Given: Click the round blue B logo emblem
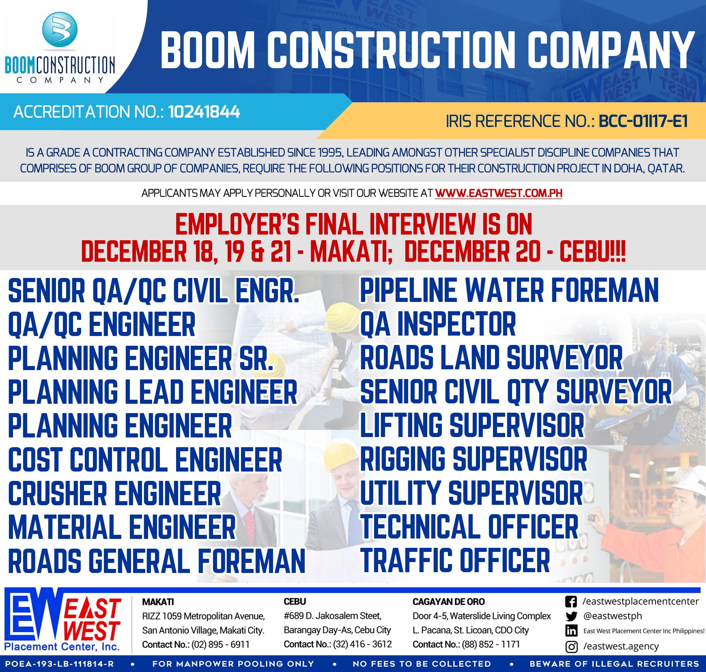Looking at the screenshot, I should (60, 29).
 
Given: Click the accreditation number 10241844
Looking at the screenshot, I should (204, 112).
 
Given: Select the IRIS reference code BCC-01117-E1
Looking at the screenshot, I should (643, 121).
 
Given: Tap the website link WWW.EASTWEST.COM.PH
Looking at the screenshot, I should (498, 193).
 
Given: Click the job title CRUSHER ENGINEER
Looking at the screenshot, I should (114, 493).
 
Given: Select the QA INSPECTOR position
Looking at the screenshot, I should (438, 324).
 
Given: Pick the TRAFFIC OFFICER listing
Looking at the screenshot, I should (455, 561).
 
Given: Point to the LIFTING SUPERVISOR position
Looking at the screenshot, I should (472, 426).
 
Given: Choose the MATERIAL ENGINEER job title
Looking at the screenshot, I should (122, 527).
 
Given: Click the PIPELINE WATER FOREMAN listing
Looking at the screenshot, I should (509, 291).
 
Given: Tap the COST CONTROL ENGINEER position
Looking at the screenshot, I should (145, 460).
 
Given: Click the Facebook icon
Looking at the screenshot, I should (571, 602).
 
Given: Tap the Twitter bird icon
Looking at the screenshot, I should (571, 616).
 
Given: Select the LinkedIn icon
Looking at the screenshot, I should (571, 631).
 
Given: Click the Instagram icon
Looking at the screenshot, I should (571, 646).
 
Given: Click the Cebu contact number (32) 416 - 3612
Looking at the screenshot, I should (362, 644).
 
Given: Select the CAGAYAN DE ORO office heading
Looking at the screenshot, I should (448, 602).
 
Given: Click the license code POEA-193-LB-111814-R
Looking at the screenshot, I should (60, 664).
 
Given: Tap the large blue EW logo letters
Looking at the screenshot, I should (34, 617).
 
